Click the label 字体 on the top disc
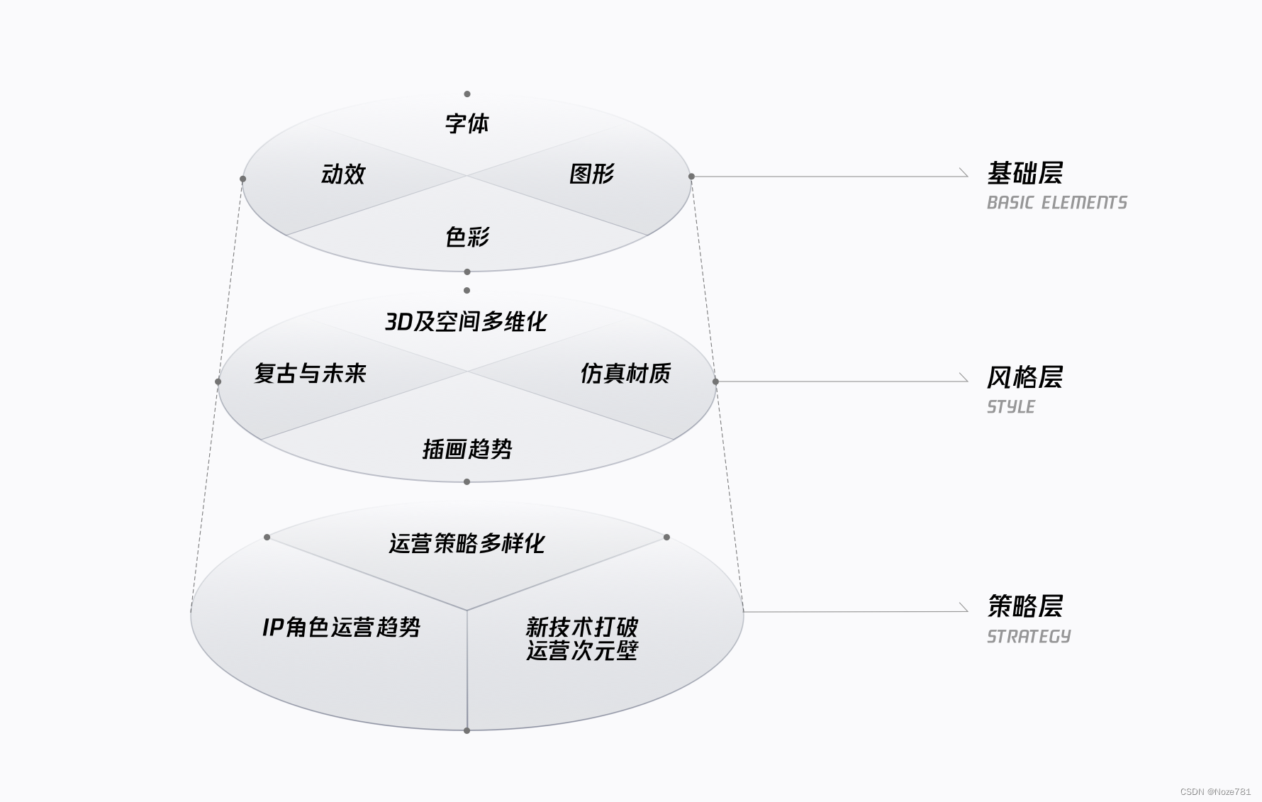pyautogui.click(x=467, y=124)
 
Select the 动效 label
pyautogui.click(x=343, y=174)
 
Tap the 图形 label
pyautogui.click(x=591, y=174)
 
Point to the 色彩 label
pyautogui.click(x=467, y=237)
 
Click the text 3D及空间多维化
pyautogui.click(x=466, y=322)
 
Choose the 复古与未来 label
pyautogui.click(x=310, y=374)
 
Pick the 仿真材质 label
pyautogui.click(x=625, y=374)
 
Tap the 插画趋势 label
pyautogui.click(x=467, y=449)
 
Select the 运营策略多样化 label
pyautogui.click(x=467, y=544)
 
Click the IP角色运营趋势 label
pyautogui.click(x=341, y=628)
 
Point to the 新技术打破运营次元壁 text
pyautogui.click(x=581, y=639)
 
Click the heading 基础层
pyautogui.click(x=1024, y=174)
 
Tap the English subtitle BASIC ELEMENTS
pyautogui.click(x=1056, y=204)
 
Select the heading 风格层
pyautogui.click(x=1024, y=378)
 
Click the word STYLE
pyautogui.click(x=1011, y=407)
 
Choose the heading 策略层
pyautogui.click(x=1024, y=607)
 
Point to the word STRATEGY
pyautogui.click(x=1029, y=637)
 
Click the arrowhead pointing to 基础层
pyautogui.click(x=964, y=172)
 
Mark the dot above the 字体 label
pyautogui.click(x=467, y=94)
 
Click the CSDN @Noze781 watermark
pyautogui.click(x=1215, y=791)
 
